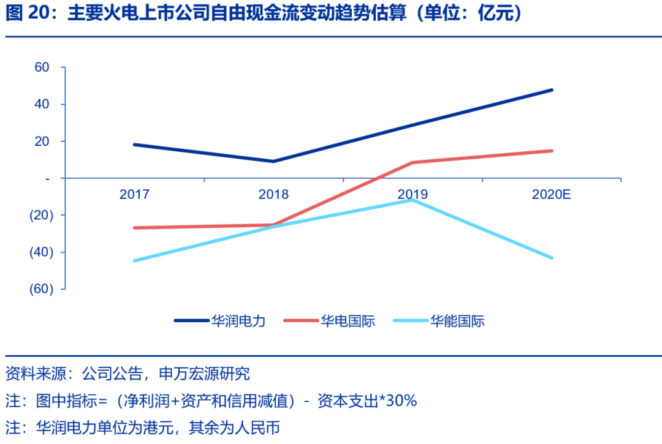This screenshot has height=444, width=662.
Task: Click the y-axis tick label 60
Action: (x=41, y=67)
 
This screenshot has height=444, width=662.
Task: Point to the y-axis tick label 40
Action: (x=41, y=104)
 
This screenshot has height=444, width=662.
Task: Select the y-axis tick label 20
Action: (x=41, y=141)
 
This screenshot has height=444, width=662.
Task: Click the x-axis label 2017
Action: (x=134, y=195)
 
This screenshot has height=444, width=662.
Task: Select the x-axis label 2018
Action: (x=273, y=195)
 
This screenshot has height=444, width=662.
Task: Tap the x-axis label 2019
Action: (x=413, y=195)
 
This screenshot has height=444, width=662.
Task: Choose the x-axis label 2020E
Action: (x=552, y=195)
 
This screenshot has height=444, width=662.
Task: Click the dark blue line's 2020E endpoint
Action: (x=552, y=90)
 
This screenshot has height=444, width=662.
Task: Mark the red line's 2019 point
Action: (x=413, y=162)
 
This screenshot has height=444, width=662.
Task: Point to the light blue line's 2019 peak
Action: (x=413, y=200)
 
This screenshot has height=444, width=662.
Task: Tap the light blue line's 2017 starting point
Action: (x=134, y=260)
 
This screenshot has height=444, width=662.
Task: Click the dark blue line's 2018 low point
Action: (x=273, y=161)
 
